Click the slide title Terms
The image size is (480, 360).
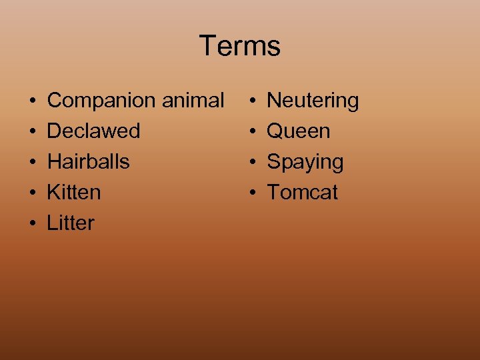(239, 46)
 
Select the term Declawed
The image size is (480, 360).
(93, 131)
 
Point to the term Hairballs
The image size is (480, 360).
(88, 161)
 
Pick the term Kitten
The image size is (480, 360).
(74, 192)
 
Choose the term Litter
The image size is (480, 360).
(71, 223)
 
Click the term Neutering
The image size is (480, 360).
(313, 101)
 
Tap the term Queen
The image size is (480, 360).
(298, 131)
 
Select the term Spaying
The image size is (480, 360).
(305, 162)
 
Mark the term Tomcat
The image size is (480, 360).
(302, 192)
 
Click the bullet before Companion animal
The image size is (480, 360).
(32, 101)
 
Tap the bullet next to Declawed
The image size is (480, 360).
(32, 132)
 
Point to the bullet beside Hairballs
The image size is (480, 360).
(32, 163)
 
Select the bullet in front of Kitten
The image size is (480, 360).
(32, 193)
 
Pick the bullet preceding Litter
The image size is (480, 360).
(32, 224)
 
